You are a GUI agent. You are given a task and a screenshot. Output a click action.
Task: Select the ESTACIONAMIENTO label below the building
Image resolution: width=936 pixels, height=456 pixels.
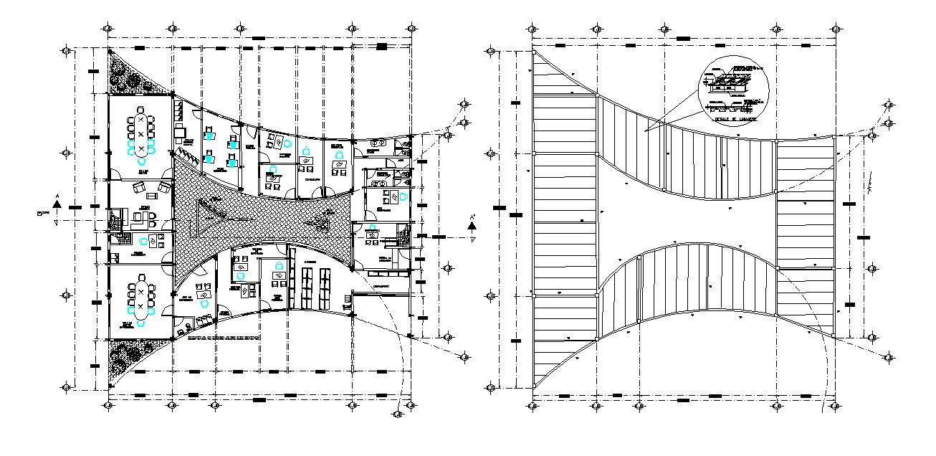pyautogui.click(x=223, y=336)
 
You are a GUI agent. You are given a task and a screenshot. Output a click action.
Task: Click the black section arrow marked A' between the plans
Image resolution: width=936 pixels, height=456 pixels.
pyautogui.click(x=472, y=227)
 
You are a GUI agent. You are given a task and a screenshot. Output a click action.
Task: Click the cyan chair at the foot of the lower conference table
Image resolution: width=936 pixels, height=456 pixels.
pyautogui.click(x=141, y=324)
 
